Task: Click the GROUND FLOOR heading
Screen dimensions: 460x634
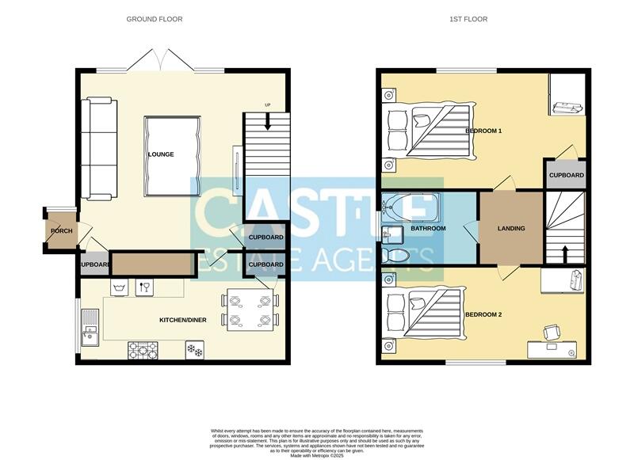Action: pyautogui.click(x=155, y=19)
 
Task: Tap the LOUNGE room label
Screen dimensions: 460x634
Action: pyautogui.click(x=160, y=154)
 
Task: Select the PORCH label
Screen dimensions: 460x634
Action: pyautogui.click(x=62, y=231)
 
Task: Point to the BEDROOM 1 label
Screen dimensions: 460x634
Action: pyautogui.click(x=483, y=130)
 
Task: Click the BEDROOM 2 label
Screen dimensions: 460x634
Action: pyautogui.click(x=484, y=315)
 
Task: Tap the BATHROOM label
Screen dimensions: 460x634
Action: pyautogui.click(x=428, y=229)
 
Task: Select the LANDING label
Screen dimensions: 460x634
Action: pyautogui.click(x=511, y=229)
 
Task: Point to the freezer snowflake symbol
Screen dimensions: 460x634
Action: pyautogui.click(x=194, y=348)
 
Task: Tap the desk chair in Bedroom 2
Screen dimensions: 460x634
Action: pyautogui.click(x=550, y=331)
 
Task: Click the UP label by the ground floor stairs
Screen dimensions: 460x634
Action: pyautogui.click(x=267, y=106)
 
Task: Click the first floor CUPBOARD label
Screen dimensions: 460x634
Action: pyautogui.click(x=567, y=175)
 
